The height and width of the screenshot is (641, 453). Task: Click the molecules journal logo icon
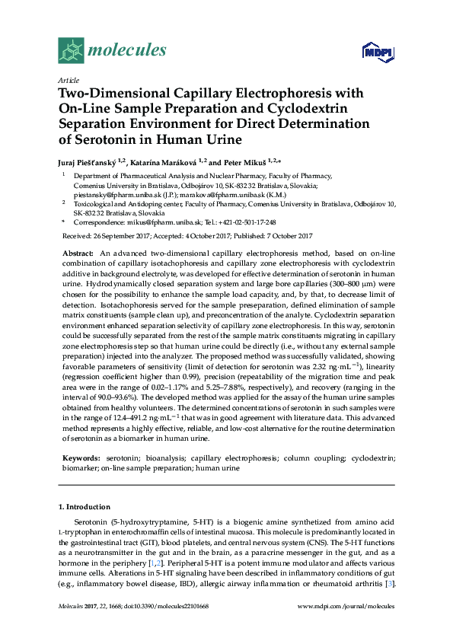coord(72,51)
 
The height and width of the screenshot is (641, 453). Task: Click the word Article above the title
coord(69,80)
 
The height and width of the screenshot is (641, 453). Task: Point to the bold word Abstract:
coord(78,252)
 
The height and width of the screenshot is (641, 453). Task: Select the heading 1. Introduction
coord(84,506)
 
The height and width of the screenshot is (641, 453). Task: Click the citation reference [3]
coord(390,584)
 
